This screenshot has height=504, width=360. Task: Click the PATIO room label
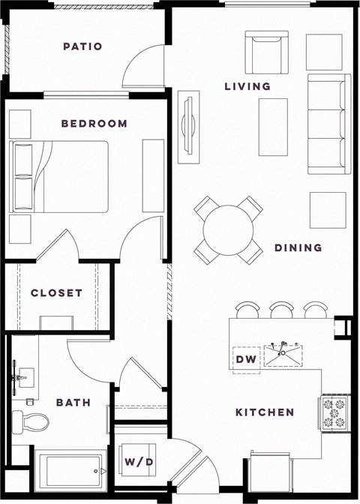[82, 46]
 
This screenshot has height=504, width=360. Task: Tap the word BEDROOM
[94, 124]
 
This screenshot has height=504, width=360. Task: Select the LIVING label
[247, 86]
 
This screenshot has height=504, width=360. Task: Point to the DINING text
[298, 247]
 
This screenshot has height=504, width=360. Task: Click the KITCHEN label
[265, 412]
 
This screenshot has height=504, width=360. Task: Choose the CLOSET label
[56, 293]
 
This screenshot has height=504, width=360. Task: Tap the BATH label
[73, 403]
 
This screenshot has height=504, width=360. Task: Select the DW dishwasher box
[246, 359]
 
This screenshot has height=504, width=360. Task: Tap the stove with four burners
[334, 412]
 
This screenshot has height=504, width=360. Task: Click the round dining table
[228, 229]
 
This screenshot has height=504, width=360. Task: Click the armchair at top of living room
[268, 53]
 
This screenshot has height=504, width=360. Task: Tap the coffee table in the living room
[273, 121]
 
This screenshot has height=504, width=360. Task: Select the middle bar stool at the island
[282, 309]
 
